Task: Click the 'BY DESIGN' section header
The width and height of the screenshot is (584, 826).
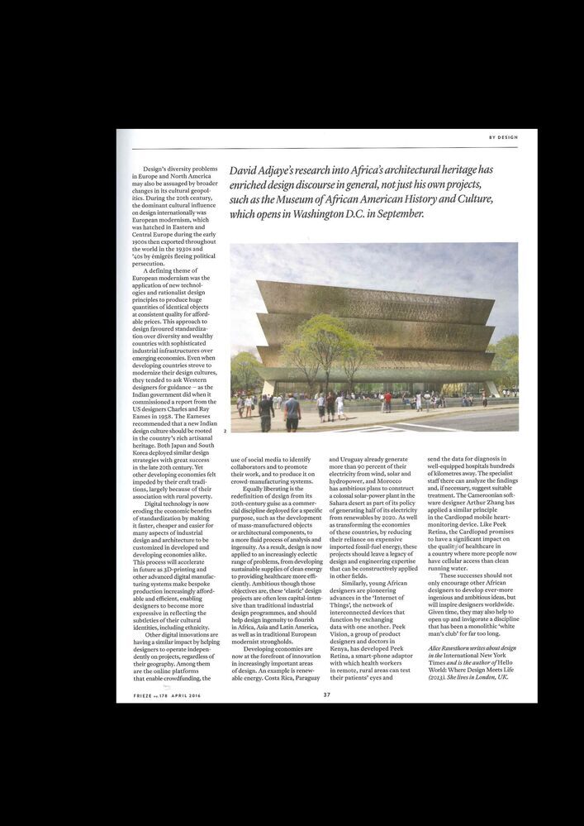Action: point(503,137)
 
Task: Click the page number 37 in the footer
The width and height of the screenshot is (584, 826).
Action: point(327,695)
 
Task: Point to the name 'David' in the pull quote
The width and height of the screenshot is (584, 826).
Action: point(246,169)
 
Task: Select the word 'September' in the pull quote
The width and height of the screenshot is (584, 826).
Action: point(400,213)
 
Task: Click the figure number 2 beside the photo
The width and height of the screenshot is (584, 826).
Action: point(225,431)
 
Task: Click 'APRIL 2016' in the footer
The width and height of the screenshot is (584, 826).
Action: point(184,695)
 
